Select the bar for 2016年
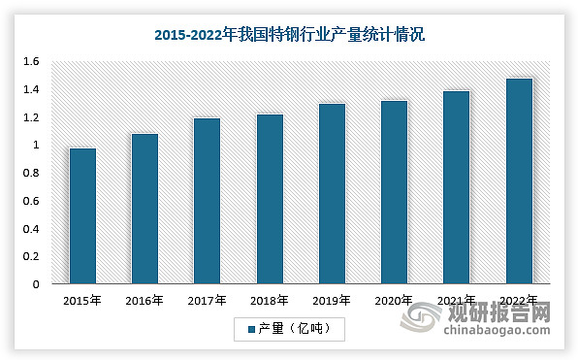tap(144, 210)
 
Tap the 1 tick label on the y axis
tap(35, 146)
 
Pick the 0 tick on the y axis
tap(35, 285)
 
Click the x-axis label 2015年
tap(82, 301)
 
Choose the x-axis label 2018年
tap(270, 301)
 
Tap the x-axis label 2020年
tap(394, 301)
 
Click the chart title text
tap(289, 34)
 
